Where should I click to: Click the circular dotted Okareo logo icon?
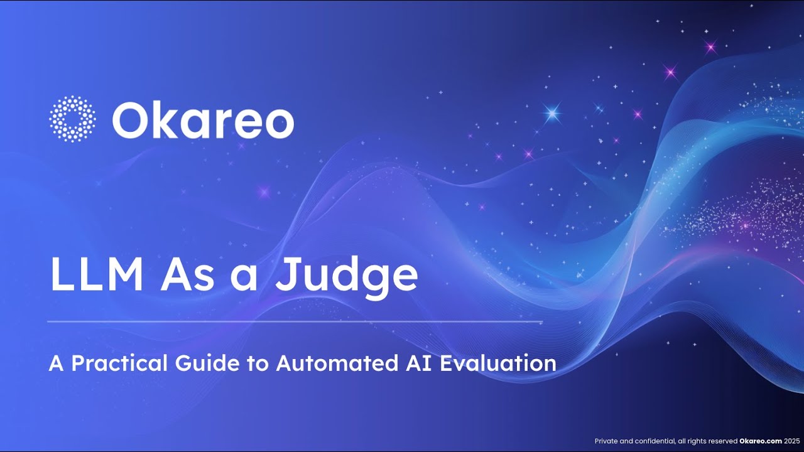[x=72, y=119]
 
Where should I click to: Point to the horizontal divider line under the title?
[x=295, y=322]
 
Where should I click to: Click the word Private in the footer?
[x=606, y=441]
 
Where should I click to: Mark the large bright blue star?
[x=552, y=113]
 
